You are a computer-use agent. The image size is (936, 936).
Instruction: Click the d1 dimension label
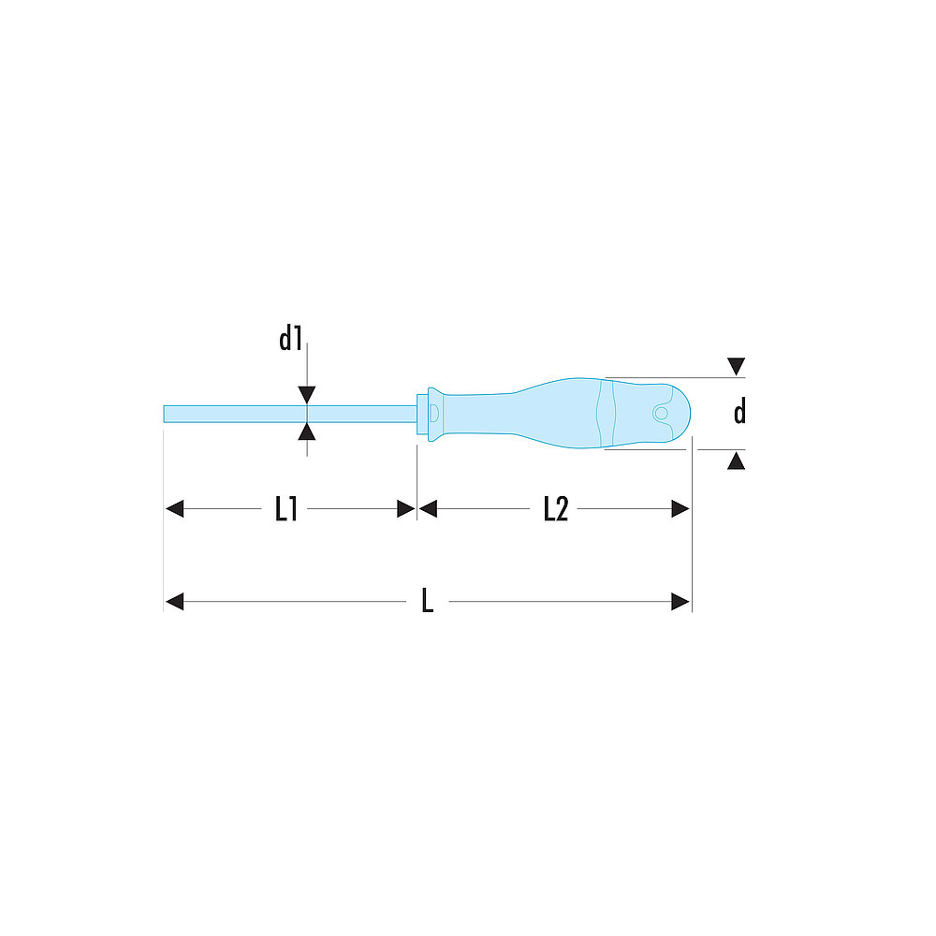(x=291, y=339)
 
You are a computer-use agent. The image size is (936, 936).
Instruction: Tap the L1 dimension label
(x=285, y=509)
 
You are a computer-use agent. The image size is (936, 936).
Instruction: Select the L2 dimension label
(x=556, y=509)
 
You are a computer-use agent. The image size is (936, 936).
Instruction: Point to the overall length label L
(x=428, y=601)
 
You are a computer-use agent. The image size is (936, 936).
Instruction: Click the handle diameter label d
(x=739, y=411)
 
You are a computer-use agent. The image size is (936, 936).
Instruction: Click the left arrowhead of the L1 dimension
(x=174, y=509)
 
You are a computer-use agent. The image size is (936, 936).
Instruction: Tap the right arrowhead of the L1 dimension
(x=406, y=509)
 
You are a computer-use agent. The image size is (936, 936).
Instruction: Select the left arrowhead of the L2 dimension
(x=428, y=509)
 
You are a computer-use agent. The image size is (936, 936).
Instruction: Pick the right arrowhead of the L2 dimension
(x=680, y=509)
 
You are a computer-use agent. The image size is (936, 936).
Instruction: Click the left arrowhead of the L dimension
(x=174, y=602)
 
